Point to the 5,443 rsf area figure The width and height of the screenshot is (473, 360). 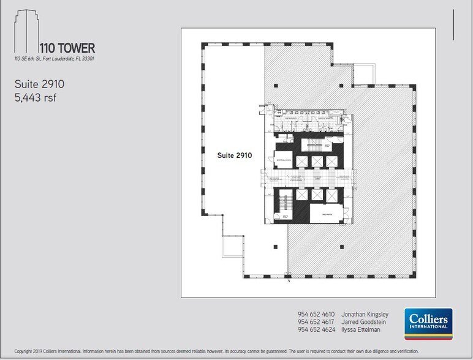pos(36,97)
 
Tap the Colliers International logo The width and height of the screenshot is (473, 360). pos(428,325)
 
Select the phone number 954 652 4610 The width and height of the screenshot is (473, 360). pos(316,315)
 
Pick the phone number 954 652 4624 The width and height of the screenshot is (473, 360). pos(316,329)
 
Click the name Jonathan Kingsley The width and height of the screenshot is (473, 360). pos(366,315)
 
